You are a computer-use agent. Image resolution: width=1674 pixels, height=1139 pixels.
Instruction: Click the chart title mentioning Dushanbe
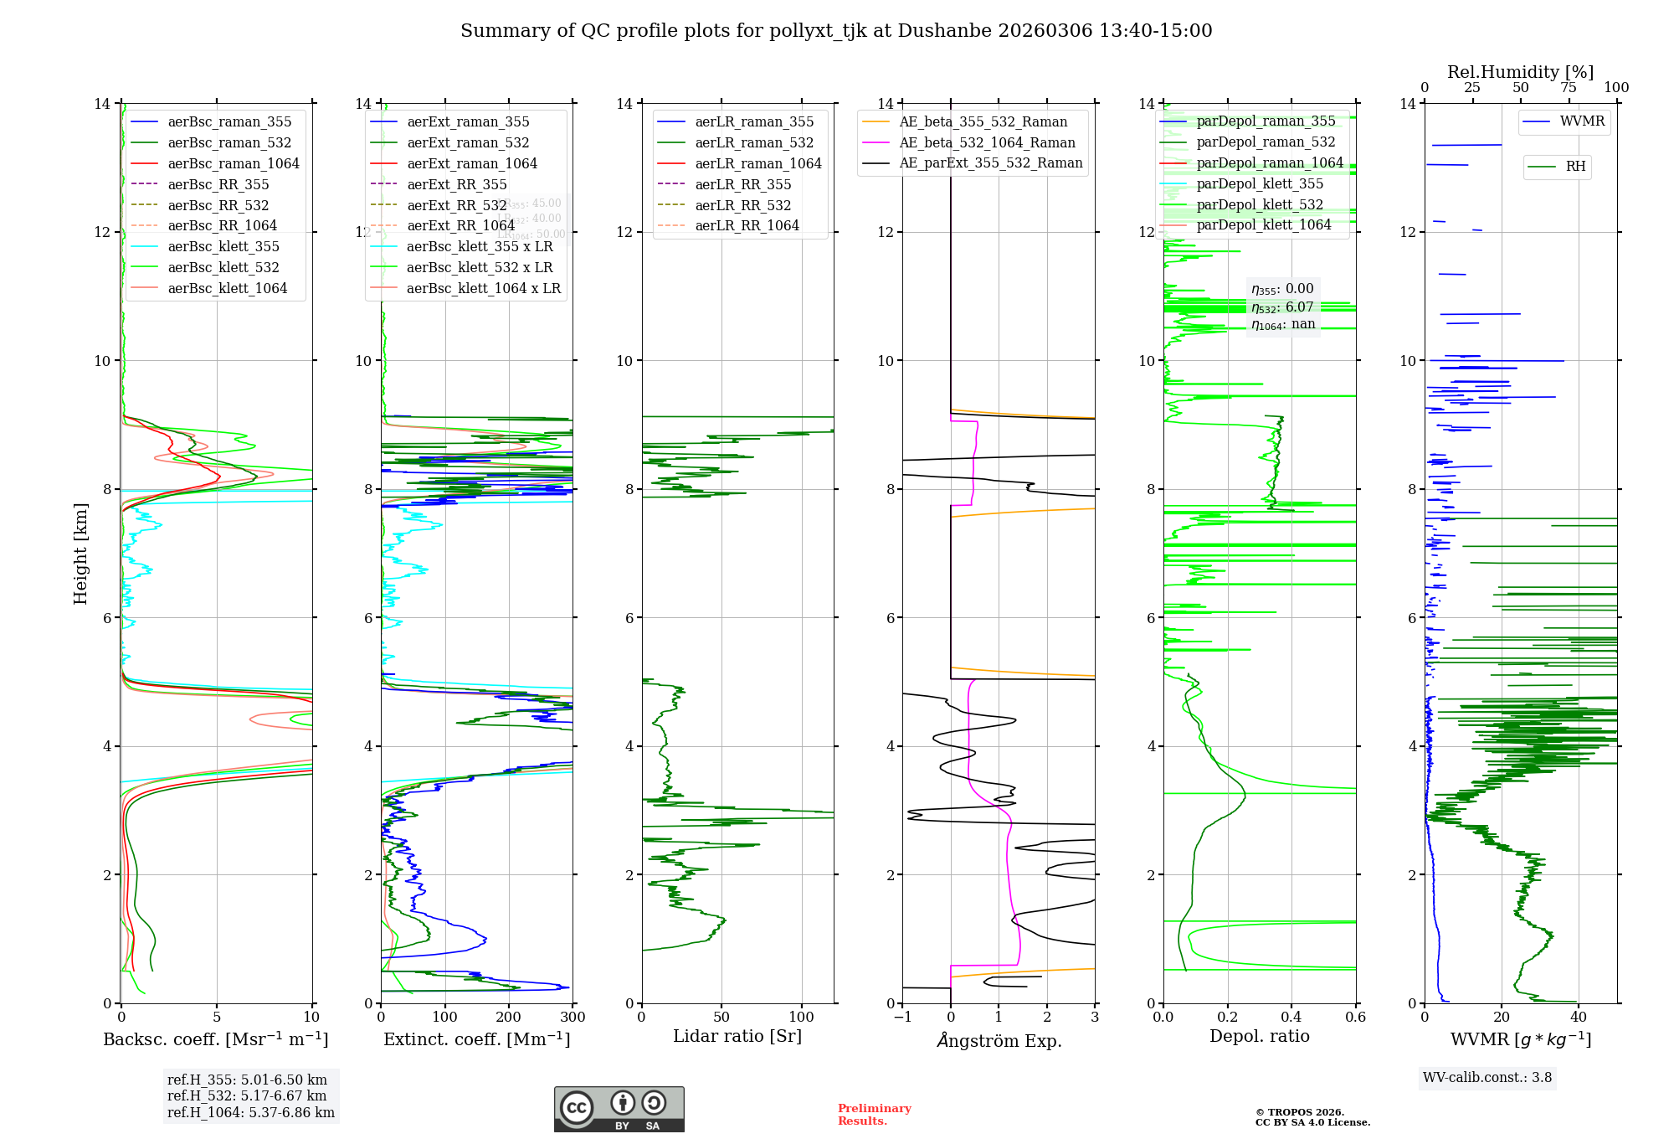pyautogui.click(x=836, y=31)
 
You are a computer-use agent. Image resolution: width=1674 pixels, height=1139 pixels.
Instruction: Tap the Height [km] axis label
pyautogui.click(x=80, y=553)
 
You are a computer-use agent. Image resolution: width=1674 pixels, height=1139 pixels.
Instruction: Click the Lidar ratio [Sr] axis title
pyautogui.click(x=737, y=1036)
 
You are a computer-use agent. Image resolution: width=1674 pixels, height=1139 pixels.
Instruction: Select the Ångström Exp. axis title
pyautogui.click(x=999, y=1040)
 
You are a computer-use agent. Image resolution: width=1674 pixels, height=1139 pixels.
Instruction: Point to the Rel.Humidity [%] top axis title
pyautogui.click(x=1520, y=72)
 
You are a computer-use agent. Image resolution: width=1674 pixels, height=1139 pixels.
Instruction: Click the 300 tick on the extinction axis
pyautogui.click(x=573, y=1018)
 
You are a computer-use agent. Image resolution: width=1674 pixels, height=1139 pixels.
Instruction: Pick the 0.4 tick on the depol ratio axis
pyautogui.click(x=1291, y=1018)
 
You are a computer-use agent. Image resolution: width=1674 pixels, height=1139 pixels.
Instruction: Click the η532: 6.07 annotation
pyautogui.click(x=1282, y=307)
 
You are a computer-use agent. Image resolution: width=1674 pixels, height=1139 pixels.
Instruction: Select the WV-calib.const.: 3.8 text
pyautogui.click(x=1487, y=1078)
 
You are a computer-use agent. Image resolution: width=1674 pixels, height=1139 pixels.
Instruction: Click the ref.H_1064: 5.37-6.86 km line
pyautogui.click(x=250, y=1112)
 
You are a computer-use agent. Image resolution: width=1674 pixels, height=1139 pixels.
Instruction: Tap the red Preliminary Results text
pyautogui.click(x=874, y=1114)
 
